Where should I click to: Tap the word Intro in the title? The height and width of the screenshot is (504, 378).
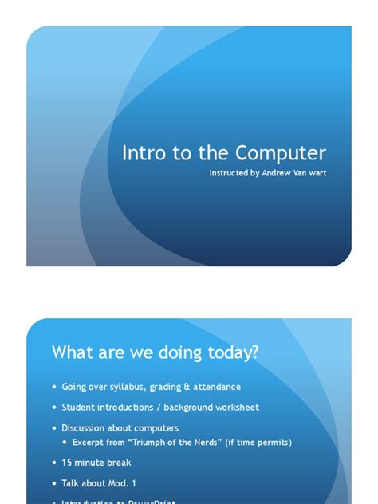click(x=140, y=153)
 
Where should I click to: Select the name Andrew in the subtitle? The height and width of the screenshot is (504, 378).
click(x=278, y=172)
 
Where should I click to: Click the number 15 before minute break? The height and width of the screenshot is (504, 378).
click(x=66, y=463)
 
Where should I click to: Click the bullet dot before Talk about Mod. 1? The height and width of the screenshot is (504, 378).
click(x=55, y=483)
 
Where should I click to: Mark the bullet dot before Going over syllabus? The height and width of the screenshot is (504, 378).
click(x=55, y=388)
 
